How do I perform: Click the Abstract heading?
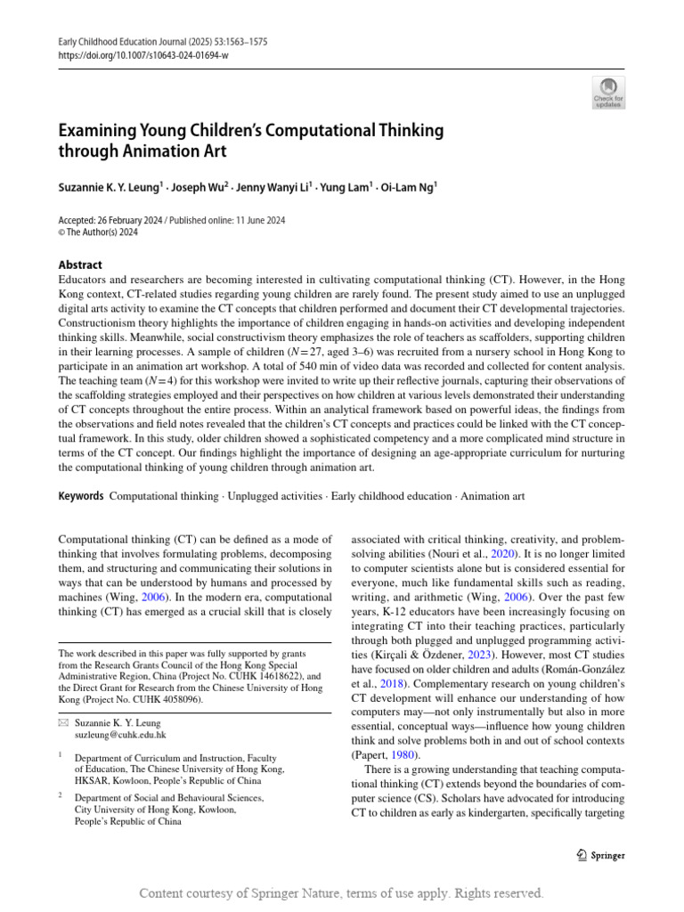coord(79,265)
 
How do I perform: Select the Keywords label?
coord(80,495)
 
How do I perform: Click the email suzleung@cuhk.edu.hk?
coord(120,736)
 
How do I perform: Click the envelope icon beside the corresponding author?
coord(62,722)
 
